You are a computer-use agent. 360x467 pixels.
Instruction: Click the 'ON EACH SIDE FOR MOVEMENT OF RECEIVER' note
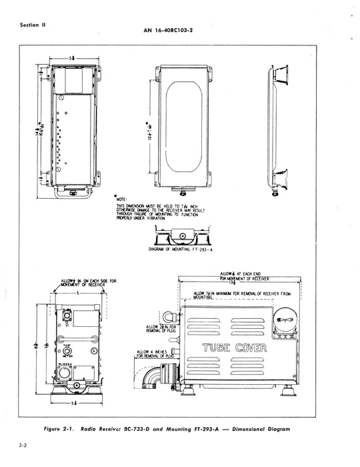[x=84, y=283]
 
